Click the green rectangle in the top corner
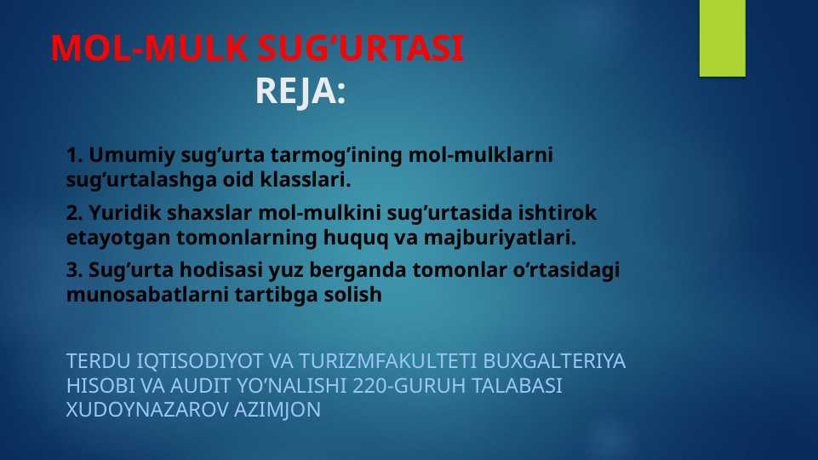click(722, 37)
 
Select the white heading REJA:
click(300, 92)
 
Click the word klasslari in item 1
click(309, 181)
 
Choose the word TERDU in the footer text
click(93, 361)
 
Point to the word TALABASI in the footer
click(519, 386)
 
